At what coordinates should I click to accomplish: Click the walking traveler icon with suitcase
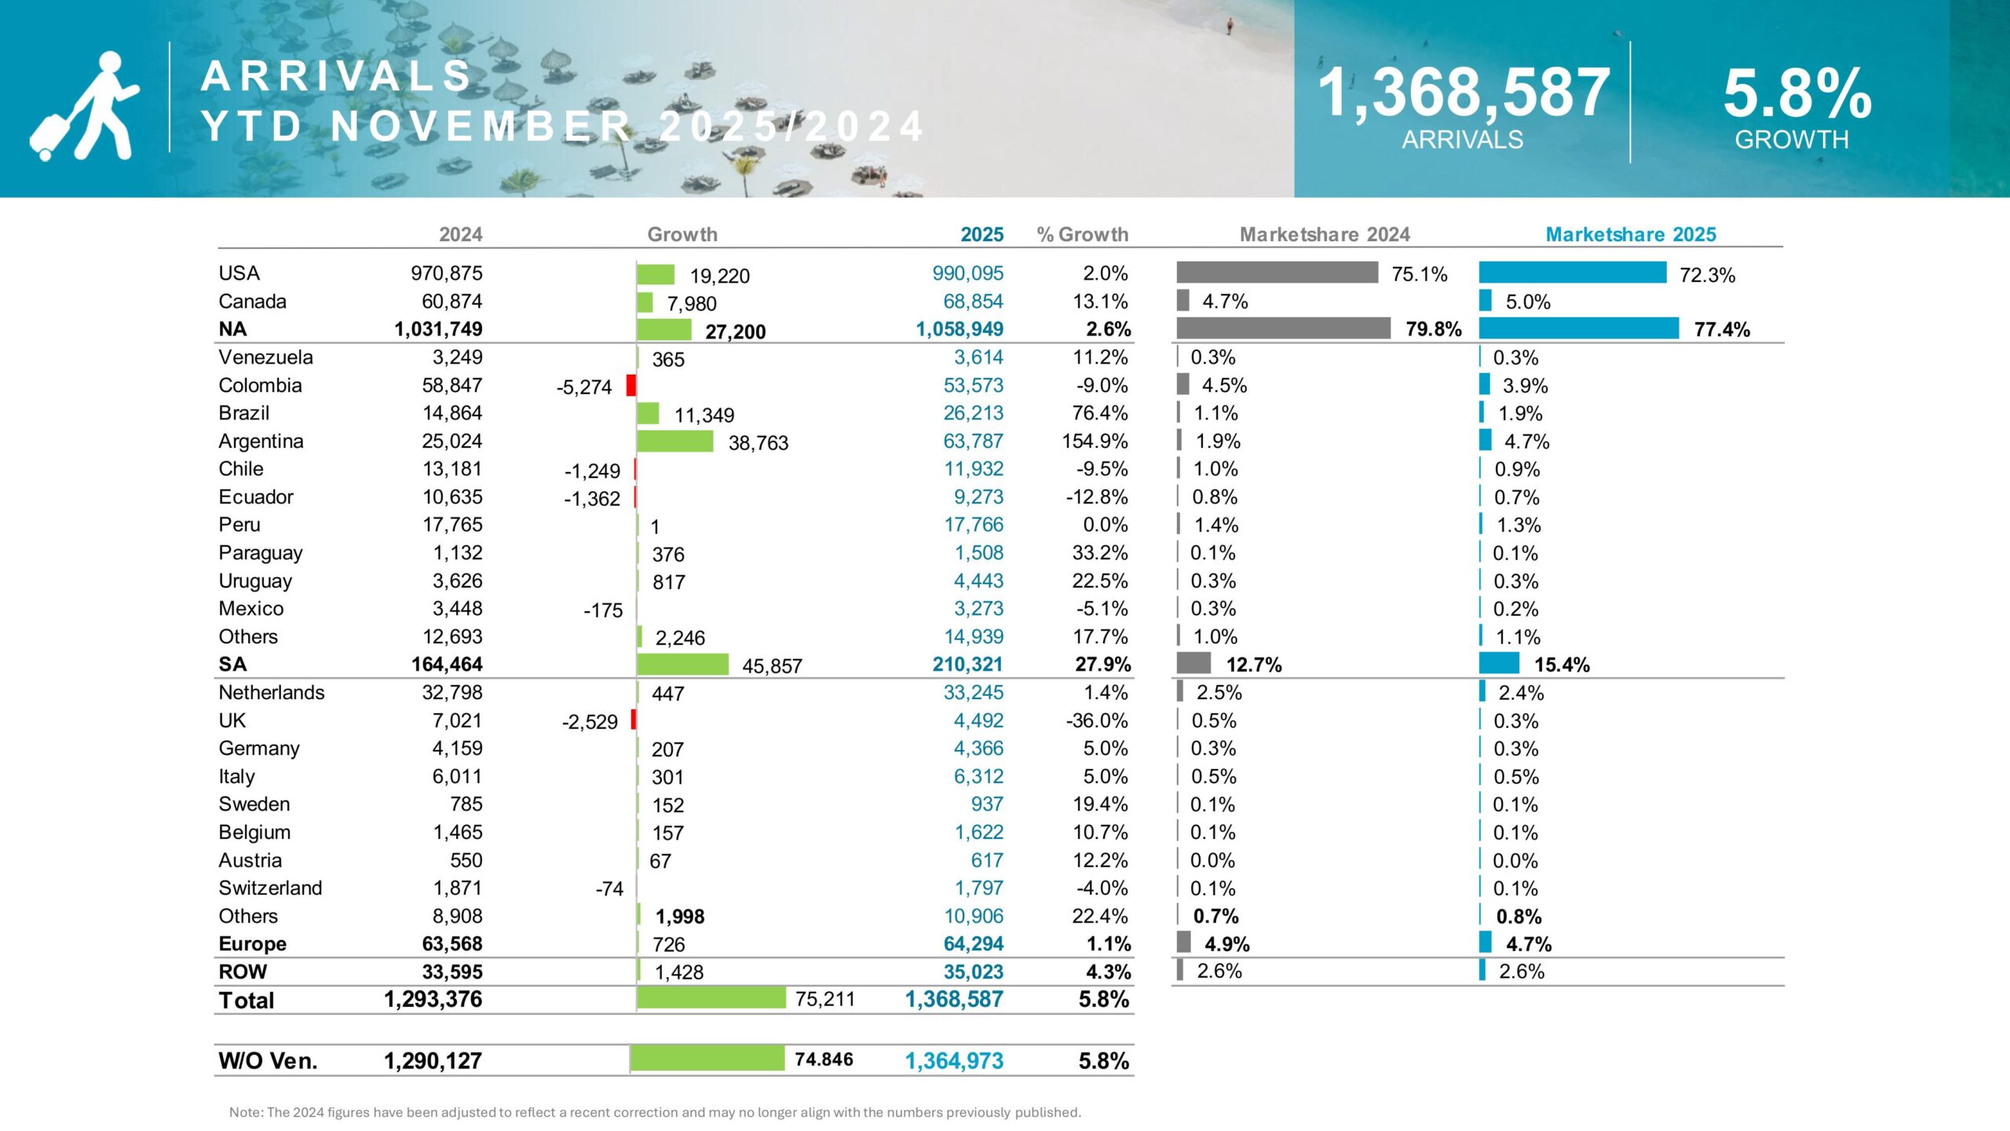pyautogui.click(x=85, y=106)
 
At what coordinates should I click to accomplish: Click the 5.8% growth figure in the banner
pyautogui.click(x=1796, y=94)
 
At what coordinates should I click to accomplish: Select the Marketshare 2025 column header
pyautogui.click(x=1630, y=234)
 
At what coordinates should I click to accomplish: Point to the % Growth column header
pyautogui.click(x=1082, y=234)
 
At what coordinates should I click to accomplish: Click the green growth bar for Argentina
pyautogui.click(x=674, y=441)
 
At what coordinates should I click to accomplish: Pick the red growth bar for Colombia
pyautogui.click(x=631, y=385)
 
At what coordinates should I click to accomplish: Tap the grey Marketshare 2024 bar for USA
pyautogui.click(x=1277, y=273)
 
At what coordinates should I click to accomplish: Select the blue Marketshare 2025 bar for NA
pyautogui.click(x=1578, y=328)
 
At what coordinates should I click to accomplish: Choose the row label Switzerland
pyautogui.click(x=270, y=888)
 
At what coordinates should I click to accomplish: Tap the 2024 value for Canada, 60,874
pyautogui.click(x=451, y=301)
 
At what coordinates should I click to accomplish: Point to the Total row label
pyautogui.click(x=247, y=1000)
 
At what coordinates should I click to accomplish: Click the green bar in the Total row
pyautogui.click(x=711, y=997)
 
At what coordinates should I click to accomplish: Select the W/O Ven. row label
pyautogui.click(x=268, y=1060)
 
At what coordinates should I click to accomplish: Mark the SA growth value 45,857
pyautogui.click(x=772, y=666)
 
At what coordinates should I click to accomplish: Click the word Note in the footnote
pyautogui.click(x=245, y=1112)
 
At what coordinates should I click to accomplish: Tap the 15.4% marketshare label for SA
pyautogui.click(x=1562, y=664)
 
